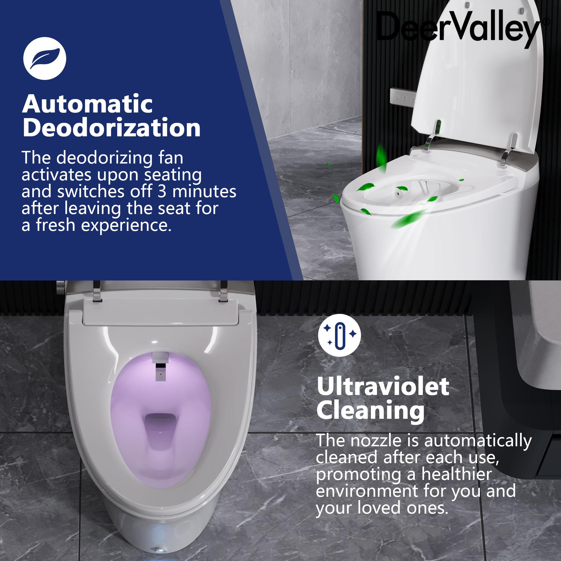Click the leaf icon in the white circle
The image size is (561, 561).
44,59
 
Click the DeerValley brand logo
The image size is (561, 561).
459,29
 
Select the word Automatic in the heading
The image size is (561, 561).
87,104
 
